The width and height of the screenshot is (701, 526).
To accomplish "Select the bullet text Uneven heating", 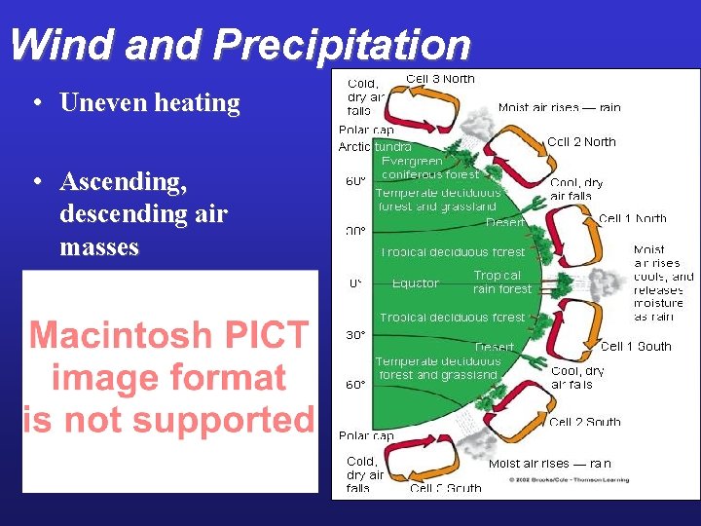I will tap(150, 103).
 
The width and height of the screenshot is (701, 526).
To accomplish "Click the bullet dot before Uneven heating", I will tap(35, 103).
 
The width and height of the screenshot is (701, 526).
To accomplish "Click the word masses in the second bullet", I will tap(99, 247).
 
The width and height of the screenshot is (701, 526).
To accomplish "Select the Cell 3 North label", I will tap(440, 79).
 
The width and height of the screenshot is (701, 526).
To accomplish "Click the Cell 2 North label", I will tap(581, 142).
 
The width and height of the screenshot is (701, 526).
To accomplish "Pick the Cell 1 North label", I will tap(633, 219).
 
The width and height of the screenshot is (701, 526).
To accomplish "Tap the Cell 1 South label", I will tap(636, 346).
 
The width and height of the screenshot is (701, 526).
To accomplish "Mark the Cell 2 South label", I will tap(584, 422).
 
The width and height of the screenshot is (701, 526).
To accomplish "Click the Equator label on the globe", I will tap(416, 283).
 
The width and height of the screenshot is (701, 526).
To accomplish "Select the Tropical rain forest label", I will tap(502, 282).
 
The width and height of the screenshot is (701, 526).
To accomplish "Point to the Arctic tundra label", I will tap(375, 147).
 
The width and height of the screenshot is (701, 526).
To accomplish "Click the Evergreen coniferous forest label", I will tap(429, 168).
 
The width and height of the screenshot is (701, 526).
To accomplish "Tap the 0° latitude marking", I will tap(356, 283).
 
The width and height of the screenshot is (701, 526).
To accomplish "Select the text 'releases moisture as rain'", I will tap(659, 303).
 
